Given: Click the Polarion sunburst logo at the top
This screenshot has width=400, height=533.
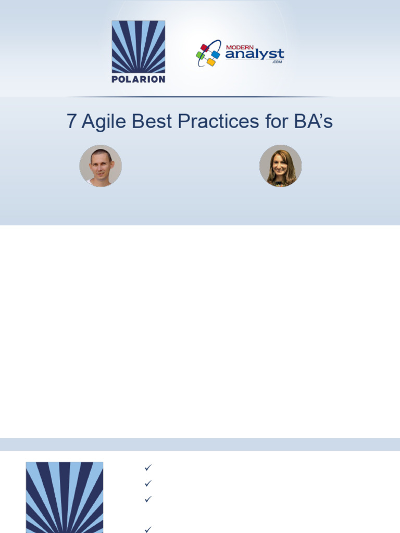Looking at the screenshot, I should [x=138, y=47].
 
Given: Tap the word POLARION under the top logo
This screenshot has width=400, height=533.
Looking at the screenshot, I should [x=138, y=79].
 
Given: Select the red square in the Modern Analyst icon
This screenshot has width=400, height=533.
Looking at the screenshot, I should [x=204, y=48].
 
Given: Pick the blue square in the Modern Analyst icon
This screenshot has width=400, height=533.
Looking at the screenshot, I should [x=216, y=54].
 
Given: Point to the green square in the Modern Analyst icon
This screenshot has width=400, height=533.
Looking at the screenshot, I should [x=200, y=55].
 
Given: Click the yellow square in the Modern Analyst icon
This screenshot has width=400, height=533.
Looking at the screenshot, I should [x=210, y=62].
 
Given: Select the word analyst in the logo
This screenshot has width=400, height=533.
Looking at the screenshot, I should [x=255, y=54].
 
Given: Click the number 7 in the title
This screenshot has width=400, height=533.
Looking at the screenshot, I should [x=71, y=122].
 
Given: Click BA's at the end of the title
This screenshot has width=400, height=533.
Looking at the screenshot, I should [x=314, y=122].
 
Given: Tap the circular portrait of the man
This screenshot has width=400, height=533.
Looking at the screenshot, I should [x=101, y=166].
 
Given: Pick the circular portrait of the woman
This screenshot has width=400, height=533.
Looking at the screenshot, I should [x=280, y=166].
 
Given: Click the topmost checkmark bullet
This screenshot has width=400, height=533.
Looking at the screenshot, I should [x=148, y=467].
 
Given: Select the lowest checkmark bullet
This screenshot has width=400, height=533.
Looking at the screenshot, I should [x=148, y=529].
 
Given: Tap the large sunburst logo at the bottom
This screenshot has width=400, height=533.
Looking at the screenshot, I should [x=65, y=497].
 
